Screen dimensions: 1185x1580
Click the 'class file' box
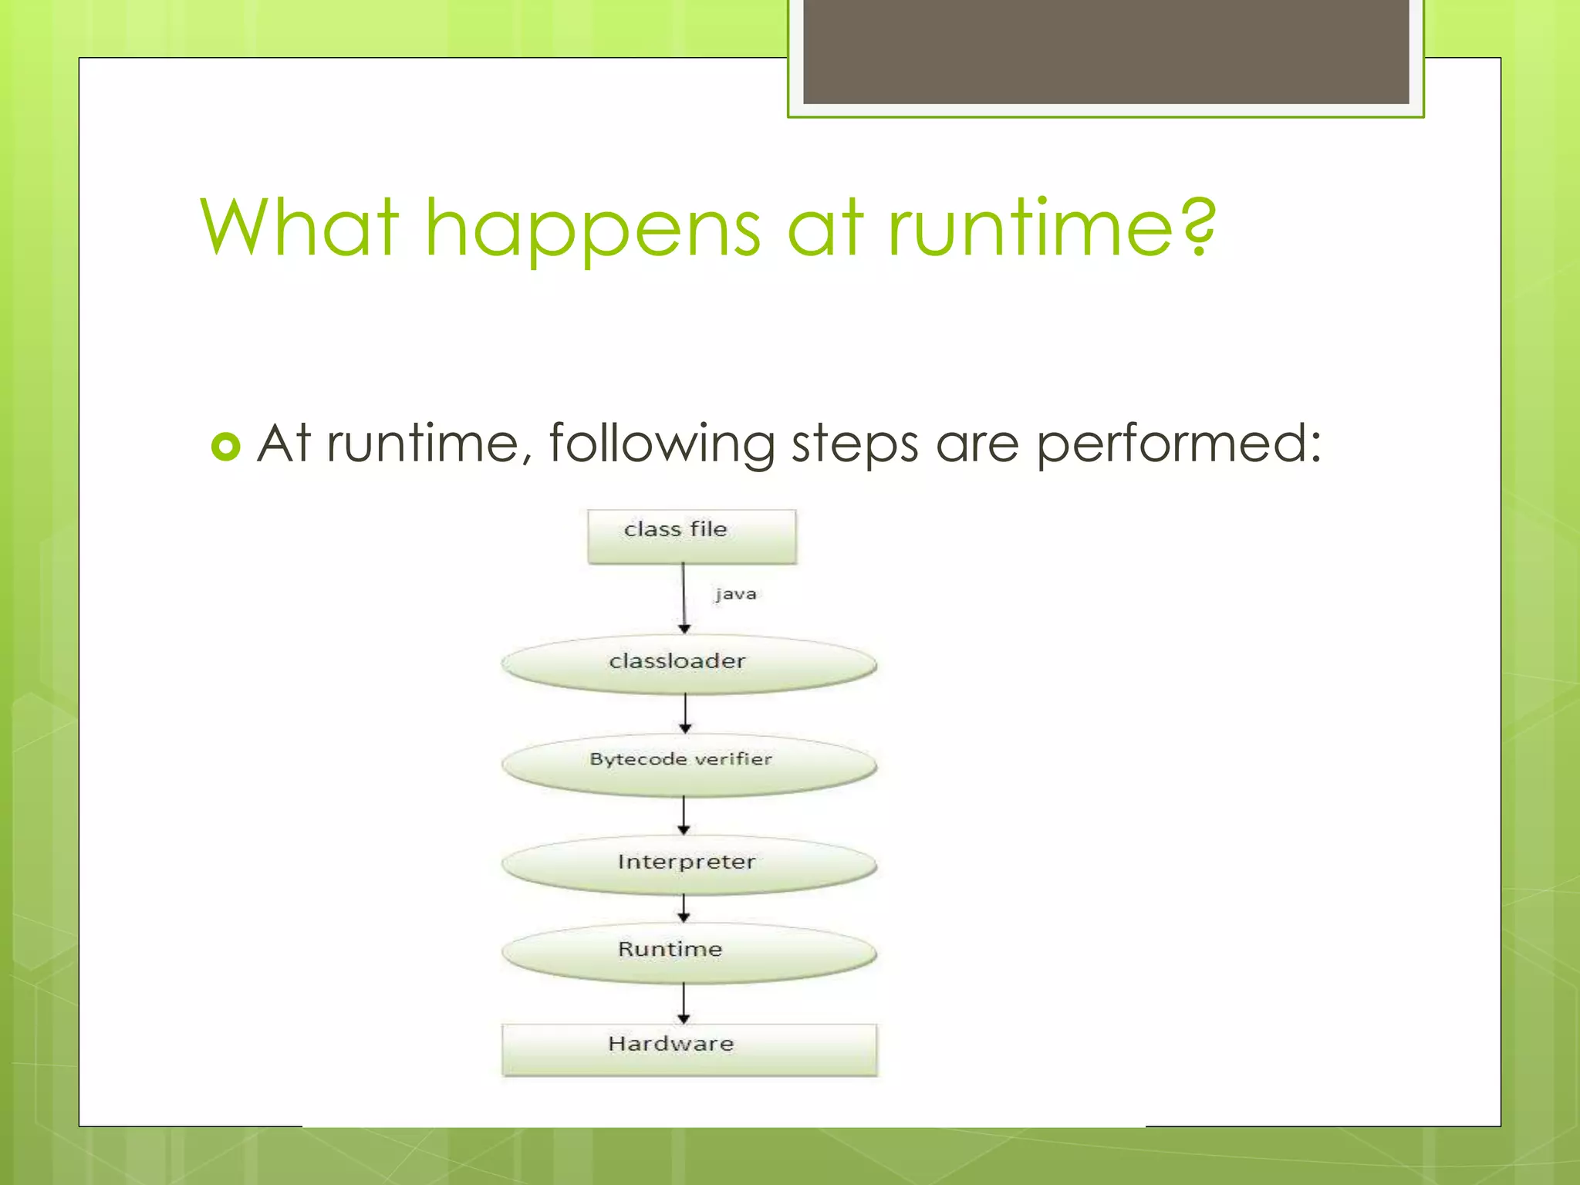(691, 535)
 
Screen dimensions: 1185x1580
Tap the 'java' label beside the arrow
(735, 594)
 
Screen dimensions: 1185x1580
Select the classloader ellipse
(688, 663)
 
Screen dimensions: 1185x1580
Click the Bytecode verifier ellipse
(688, 764)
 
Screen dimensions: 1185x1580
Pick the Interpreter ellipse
(688, 863)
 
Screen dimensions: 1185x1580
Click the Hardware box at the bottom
(689, 1049)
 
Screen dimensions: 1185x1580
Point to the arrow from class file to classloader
(684, 598)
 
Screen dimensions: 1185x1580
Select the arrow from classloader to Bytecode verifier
(685, 713)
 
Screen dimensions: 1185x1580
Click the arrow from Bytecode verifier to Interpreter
(684, 815)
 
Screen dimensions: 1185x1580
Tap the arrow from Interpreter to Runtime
(684, 908)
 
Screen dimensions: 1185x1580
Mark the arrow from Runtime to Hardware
(684, 1003)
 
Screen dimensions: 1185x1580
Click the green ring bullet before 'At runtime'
(225, 447)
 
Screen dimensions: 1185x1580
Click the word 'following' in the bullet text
(661, 445)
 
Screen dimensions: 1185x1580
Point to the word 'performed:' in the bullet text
(1178, 445)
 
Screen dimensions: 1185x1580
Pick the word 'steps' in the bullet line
(855, 445)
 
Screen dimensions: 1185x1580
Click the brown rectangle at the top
(1106, 51)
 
